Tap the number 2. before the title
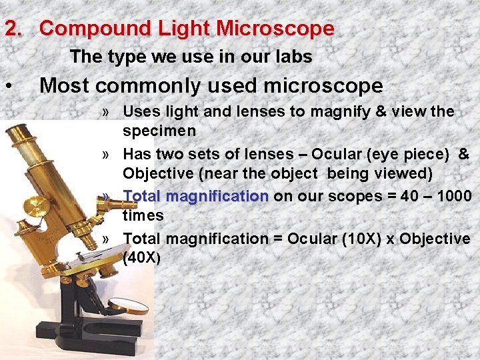[15, 29]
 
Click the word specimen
[159, 130]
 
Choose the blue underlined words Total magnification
[195, 197]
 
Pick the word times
[143, 215]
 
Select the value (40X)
[142, 257]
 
